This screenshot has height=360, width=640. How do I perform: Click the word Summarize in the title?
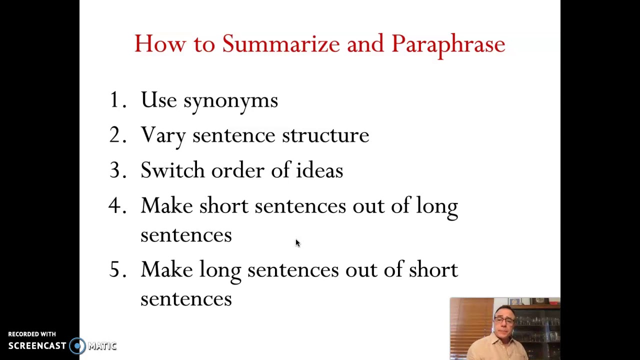pos(281,44)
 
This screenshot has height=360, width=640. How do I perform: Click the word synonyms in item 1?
pos(230,101)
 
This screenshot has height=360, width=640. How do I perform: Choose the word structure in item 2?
pos(325,135)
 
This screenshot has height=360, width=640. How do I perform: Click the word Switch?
pos(172,170)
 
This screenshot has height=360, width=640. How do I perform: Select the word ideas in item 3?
pos(319,170)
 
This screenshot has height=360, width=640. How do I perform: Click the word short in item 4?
pos(223,206)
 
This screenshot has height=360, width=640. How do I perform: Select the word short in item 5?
pos(433,270)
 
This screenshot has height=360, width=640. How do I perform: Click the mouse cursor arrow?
pos(297,243)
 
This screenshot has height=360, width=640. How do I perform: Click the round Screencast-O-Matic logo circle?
pos(77,345)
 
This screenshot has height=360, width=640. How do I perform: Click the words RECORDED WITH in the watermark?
pos(32,334)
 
